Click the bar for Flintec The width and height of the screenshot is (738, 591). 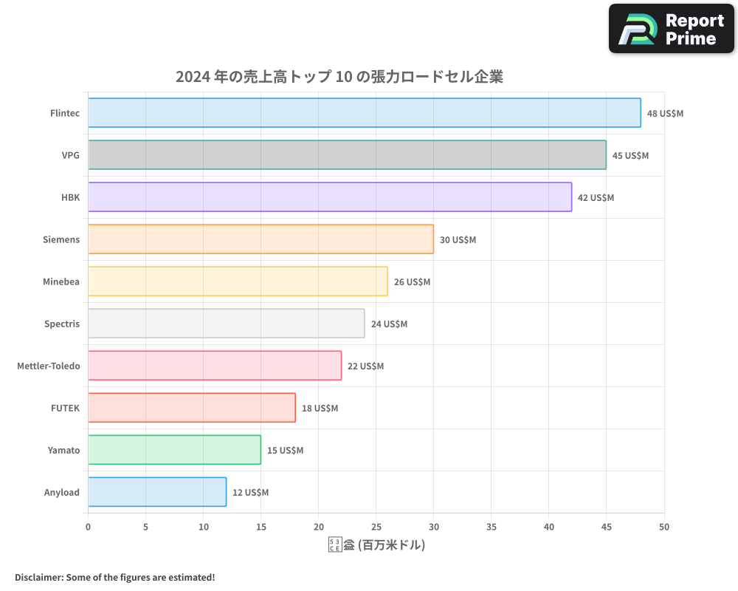pyautogui.click(x=365, y=113)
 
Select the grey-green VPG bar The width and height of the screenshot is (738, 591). pyautogui.click(x=347, y=155)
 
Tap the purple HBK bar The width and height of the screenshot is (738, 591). pyautogui.click(x=330, y=197)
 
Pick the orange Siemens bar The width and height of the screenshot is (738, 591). pyautogui.click(x=261, y=239)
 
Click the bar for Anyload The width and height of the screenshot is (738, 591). pyautogui.click(x=157, y=492)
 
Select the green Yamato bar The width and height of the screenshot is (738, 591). pyautogui.click(x=174, y=450)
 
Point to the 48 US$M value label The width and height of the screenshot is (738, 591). pyautogui.click(x=665, y=114)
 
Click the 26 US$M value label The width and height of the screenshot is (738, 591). pyautogui.click(x=412, y=282)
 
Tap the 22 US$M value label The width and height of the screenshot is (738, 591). pyautogui.click(x=365, y=366)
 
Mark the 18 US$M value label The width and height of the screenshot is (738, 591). pyautogui.click(x=320, y=409)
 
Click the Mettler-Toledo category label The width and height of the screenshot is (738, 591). pyautogui.click(x=48, y=366)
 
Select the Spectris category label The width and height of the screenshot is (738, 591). pyautogui.click(x=62, y=324)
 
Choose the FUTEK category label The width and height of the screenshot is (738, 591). pyautogui.click(x=65, y=408)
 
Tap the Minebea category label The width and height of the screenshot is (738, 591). pyautogui.click(x=61, y=281)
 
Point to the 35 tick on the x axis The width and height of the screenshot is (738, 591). pyautogui.click(x=492, y=527)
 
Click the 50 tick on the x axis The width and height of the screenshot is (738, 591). pyautogui.click(x=664, y=527)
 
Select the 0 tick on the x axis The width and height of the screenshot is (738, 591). pyautogui.click(x=89, y=527)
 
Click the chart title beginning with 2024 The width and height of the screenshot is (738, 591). pyautogui.click(x=339, y=77)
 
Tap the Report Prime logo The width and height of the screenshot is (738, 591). pyautogui.click(x=671, y=29)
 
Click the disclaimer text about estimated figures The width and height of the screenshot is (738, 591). pyautogui.click(x=114, y=577)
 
